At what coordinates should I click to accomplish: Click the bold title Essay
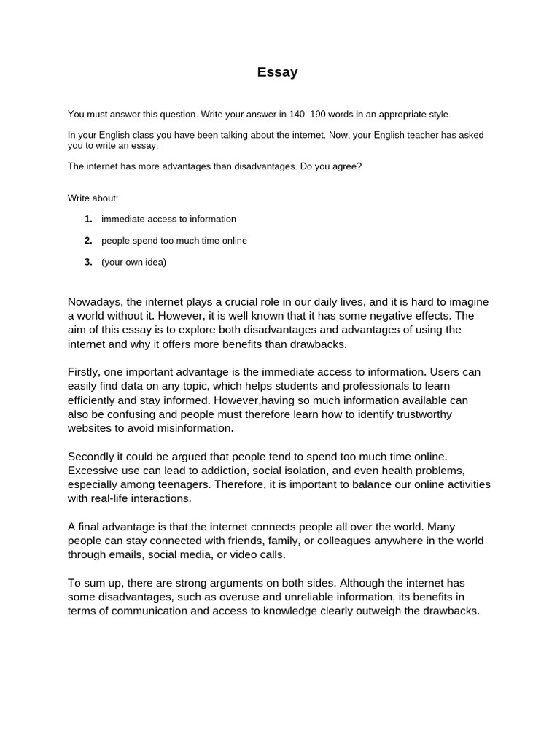coord(277,72)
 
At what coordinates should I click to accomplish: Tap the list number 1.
coord(88,219)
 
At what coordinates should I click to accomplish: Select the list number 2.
coord(88,241)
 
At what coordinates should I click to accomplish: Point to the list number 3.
coord(88,263)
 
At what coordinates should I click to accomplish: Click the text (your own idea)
coord(133,263)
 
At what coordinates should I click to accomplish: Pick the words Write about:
coord(93,198)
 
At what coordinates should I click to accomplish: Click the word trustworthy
coord(417,414)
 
